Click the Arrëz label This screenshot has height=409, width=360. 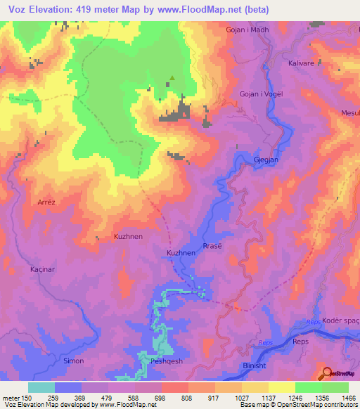coord(46,202)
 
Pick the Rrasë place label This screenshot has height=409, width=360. coord(212,245)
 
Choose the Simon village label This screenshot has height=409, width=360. coord(74,361)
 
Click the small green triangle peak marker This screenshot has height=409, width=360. coord(171,78)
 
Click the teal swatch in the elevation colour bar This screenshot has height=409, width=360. coord(41,387)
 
